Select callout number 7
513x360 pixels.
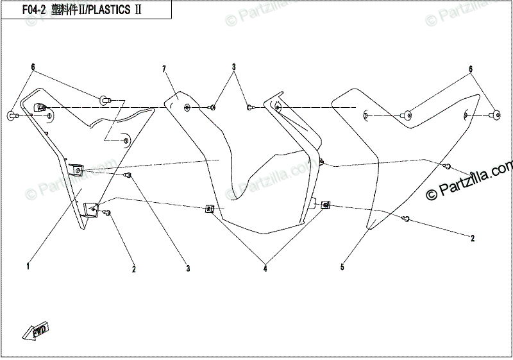pyautogui.click(x=164, y=69)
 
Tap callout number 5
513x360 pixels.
pyautogui.click(x=342, y=266)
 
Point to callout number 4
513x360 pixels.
pyautogui.click(x=265, y=270)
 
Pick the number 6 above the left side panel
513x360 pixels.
pyautogui.click(x=33, y=67)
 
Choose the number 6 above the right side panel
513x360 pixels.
pyautogui.click(x=470, y=69)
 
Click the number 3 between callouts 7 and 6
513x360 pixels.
pyautogui.click(x=234, y=67)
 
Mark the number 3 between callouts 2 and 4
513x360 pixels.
pyautogui.click(x=189, y=268)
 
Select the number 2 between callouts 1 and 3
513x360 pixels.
pyautogui.click(x=133, y=269)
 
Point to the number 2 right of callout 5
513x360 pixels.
pyautogui.click(x=473, y=239)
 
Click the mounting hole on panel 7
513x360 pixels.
pyautogui.click(x=187, y=107)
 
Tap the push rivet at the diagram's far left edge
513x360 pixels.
pyautogui.click(x=12, y=115)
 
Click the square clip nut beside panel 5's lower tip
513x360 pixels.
pyautogui.click(x=325, y=205)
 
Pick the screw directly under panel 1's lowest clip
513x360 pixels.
pyautogui.click(x=108, y=212)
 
